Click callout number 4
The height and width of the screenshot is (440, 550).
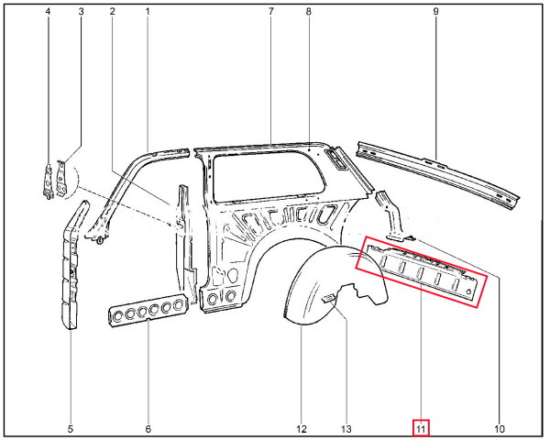point(48,12)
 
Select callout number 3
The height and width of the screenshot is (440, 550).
point(81,12)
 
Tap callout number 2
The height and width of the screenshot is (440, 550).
point(112,12)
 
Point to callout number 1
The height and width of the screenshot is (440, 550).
point(148,12)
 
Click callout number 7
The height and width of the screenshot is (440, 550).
point(270,12)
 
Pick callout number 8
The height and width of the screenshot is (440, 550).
point(308,12)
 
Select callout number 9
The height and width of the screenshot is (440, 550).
point(435,12)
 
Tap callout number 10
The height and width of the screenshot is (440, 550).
point(500,429)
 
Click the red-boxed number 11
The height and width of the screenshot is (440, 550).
point(421,429)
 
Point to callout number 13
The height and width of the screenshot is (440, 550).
point(346,429)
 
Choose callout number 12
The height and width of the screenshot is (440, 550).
point(302,429)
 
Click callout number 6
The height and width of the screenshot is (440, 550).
point(148,429)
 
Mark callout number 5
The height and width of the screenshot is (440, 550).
point(71,429)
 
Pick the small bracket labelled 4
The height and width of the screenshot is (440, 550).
point(48,181)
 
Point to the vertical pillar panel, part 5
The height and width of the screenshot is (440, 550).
point(72,267)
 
